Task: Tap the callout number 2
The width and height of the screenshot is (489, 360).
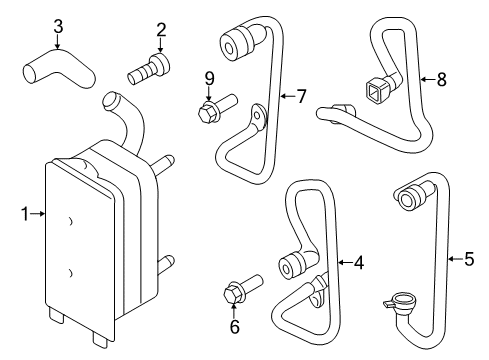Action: pos(161,30)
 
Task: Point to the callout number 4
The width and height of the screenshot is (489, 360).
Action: pos(357,262)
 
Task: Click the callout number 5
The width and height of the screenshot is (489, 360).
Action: pos(469,260)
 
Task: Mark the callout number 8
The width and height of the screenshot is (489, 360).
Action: pos(441,76)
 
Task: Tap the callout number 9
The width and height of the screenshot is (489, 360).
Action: pos(209,77)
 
